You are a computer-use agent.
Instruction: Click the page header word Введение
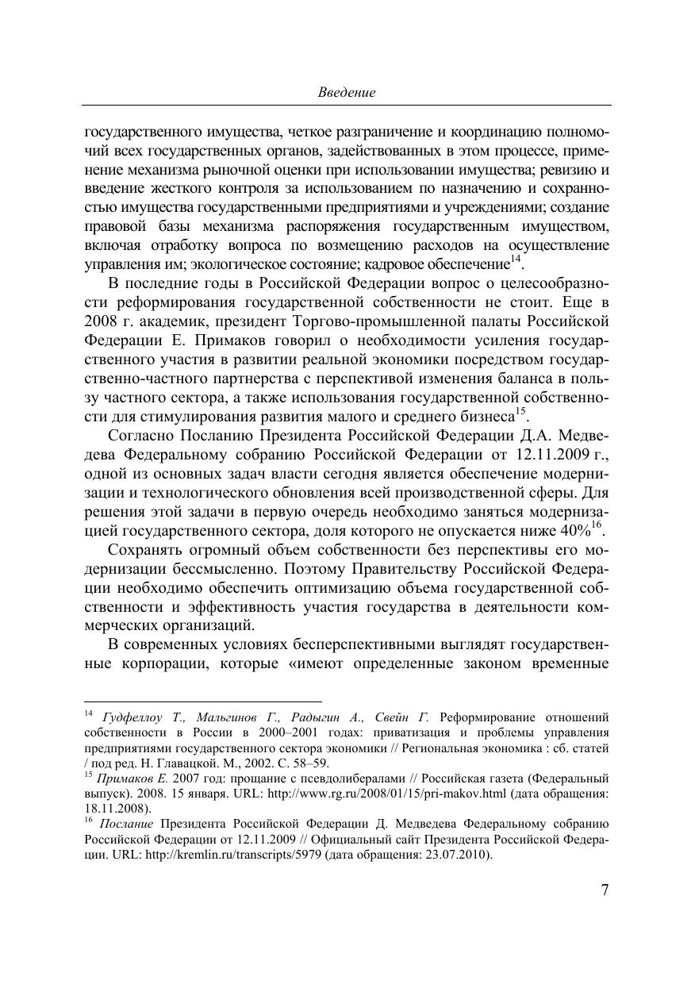point(347,92)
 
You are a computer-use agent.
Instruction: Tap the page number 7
point(605,890)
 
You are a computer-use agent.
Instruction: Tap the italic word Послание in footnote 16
point(126,824)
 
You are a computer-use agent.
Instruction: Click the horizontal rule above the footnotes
point(202,701)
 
